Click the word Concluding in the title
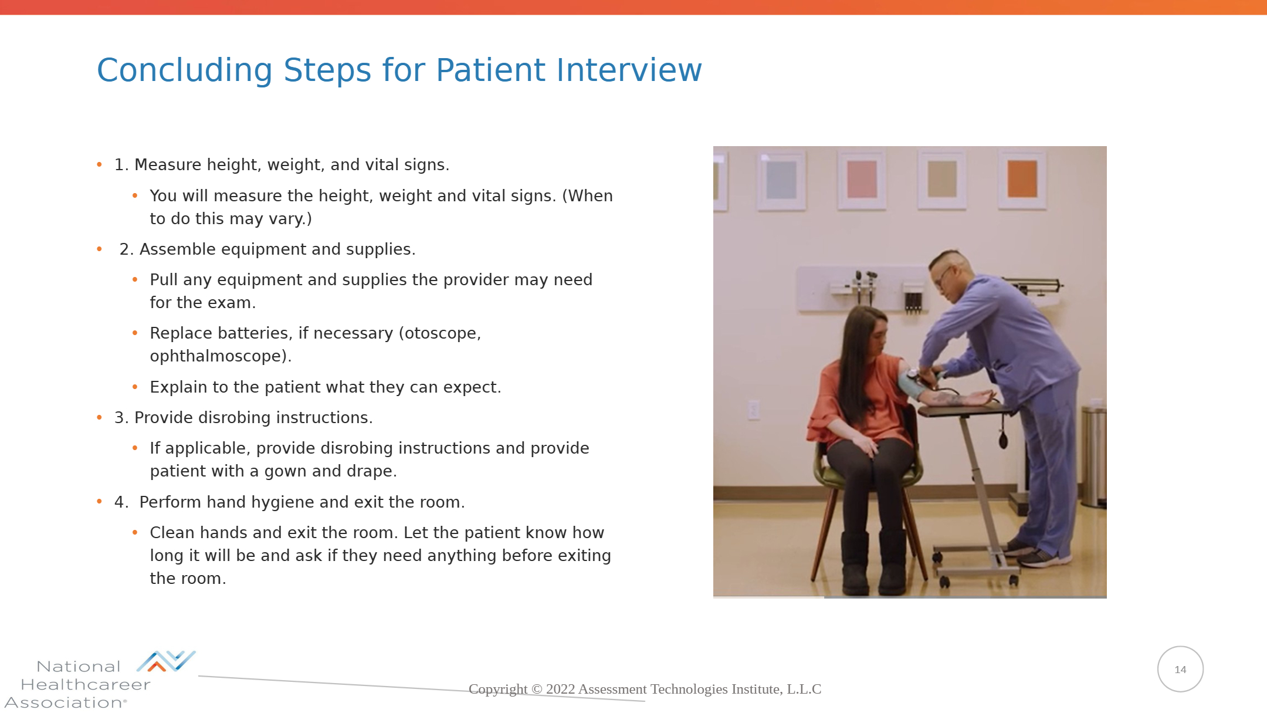[185, 71]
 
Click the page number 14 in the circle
[1180, 670]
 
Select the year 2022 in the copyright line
[560, 689]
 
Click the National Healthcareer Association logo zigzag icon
[166, 661]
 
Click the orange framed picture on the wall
[1022, 178]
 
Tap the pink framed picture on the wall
[862, 178]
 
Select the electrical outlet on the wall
[754, 410]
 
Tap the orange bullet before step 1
[99, 165]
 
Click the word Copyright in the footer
[498, 690]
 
